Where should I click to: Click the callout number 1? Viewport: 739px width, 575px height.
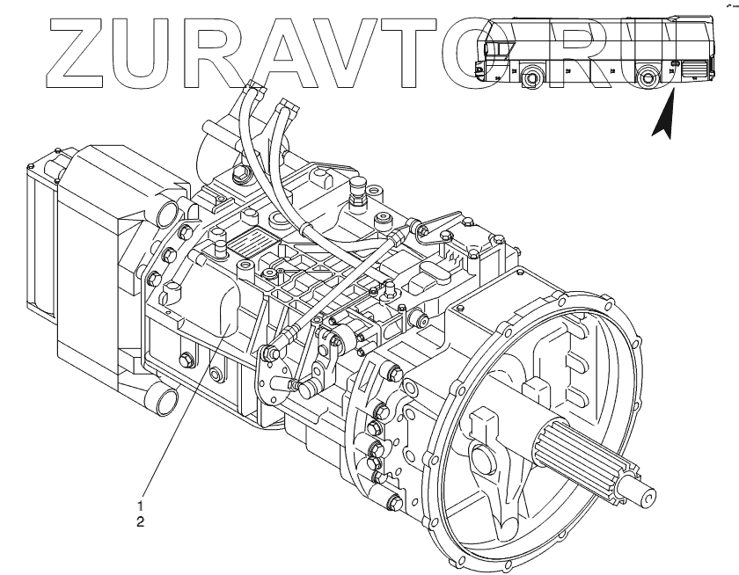(x=140, y=506)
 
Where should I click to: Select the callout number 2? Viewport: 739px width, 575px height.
(x=140, y=521)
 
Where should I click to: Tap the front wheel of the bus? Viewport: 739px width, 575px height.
(x=531, y=79)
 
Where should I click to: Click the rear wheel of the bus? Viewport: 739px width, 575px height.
(x=649, y=78)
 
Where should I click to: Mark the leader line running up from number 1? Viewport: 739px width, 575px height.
(x=176, y=422)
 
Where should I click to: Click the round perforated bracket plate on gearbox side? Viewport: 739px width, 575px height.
(x=273, y=378)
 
